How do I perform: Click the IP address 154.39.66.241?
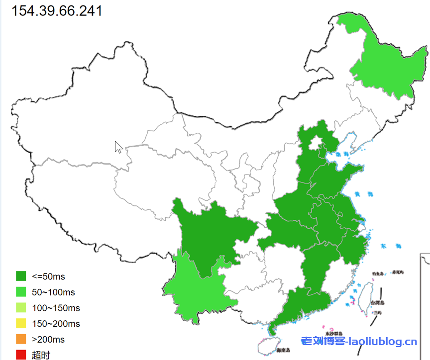point(57,10)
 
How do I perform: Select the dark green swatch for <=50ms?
point(21,276)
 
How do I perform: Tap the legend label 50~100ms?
point(53,292)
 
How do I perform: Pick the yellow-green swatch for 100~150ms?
point(21,308)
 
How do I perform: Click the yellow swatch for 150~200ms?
point(21,324)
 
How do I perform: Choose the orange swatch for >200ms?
point(21,340)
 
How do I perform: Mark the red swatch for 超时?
point(21,355)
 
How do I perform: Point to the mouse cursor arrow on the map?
point(118,147)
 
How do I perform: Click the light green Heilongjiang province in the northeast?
point(386,65)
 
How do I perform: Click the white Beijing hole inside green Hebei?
point(314,145)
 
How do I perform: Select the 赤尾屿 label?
point(398,272)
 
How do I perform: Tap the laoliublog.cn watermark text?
point(359,342)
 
